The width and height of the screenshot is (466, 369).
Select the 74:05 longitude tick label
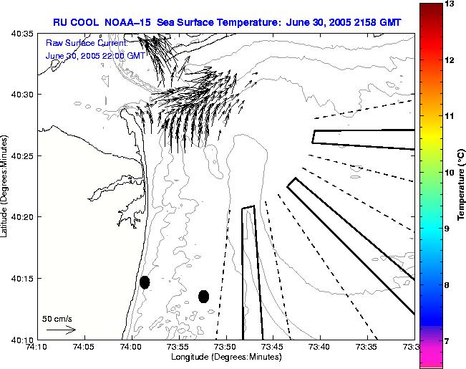(84, 347)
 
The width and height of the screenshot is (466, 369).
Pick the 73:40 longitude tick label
(319, 347)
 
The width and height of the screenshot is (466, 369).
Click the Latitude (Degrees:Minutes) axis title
(5, 186)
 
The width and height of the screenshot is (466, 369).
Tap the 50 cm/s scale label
(57, 318)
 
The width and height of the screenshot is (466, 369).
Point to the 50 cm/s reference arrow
(60, 330)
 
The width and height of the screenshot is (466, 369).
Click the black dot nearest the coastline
(145, 282)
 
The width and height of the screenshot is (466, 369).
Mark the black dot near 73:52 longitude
(203, 296)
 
